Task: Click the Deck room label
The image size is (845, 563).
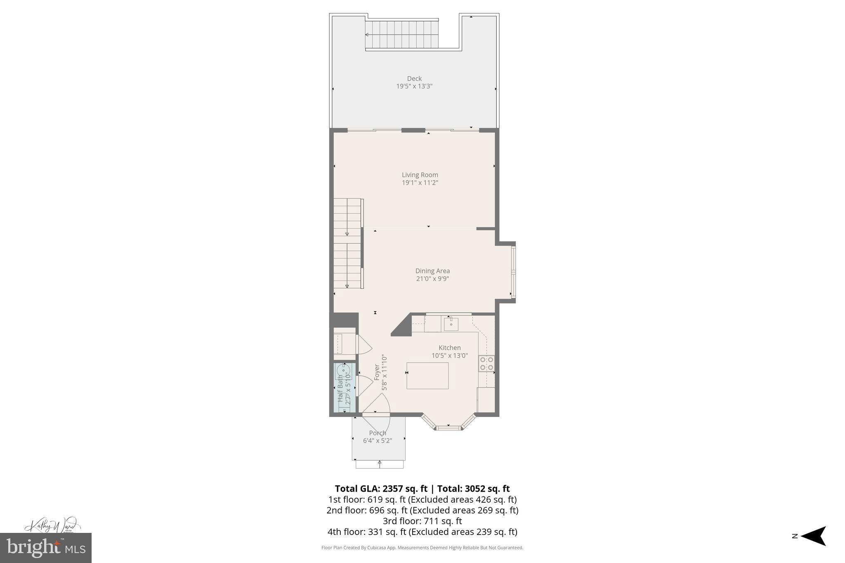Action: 414,78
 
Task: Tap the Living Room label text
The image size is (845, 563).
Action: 420,175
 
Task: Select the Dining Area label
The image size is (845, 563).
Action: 432,271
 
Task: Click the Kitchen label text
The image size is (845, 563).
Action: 449,348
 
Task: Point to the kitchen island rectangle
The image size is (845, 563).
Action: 427,375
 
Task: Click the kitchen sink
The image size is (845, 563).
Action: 451,324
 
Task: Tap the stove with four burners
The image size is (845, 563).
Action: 486,363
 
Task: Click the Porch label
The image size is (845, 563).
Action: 378,433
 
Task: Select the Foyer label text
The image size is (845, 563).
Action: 377,372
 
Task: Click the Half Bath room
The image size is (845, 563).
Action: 344,388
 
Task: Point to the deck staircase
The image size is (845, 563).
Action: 402,35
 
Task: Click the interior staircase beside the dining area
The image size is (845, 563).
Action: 347,243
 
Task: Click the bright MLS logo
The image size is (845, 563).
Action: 46,548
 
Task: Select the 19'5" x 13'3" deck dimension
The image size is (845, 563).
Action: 414,87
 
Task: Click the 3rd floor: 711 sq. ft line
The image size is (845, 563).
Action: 422,521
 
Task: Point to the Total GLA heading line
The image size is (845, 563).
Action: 422,489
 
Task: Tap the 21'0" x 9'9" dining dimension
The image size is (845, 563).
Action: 432,279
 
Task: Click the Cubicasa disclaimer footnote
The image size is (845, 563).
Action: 422,548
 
